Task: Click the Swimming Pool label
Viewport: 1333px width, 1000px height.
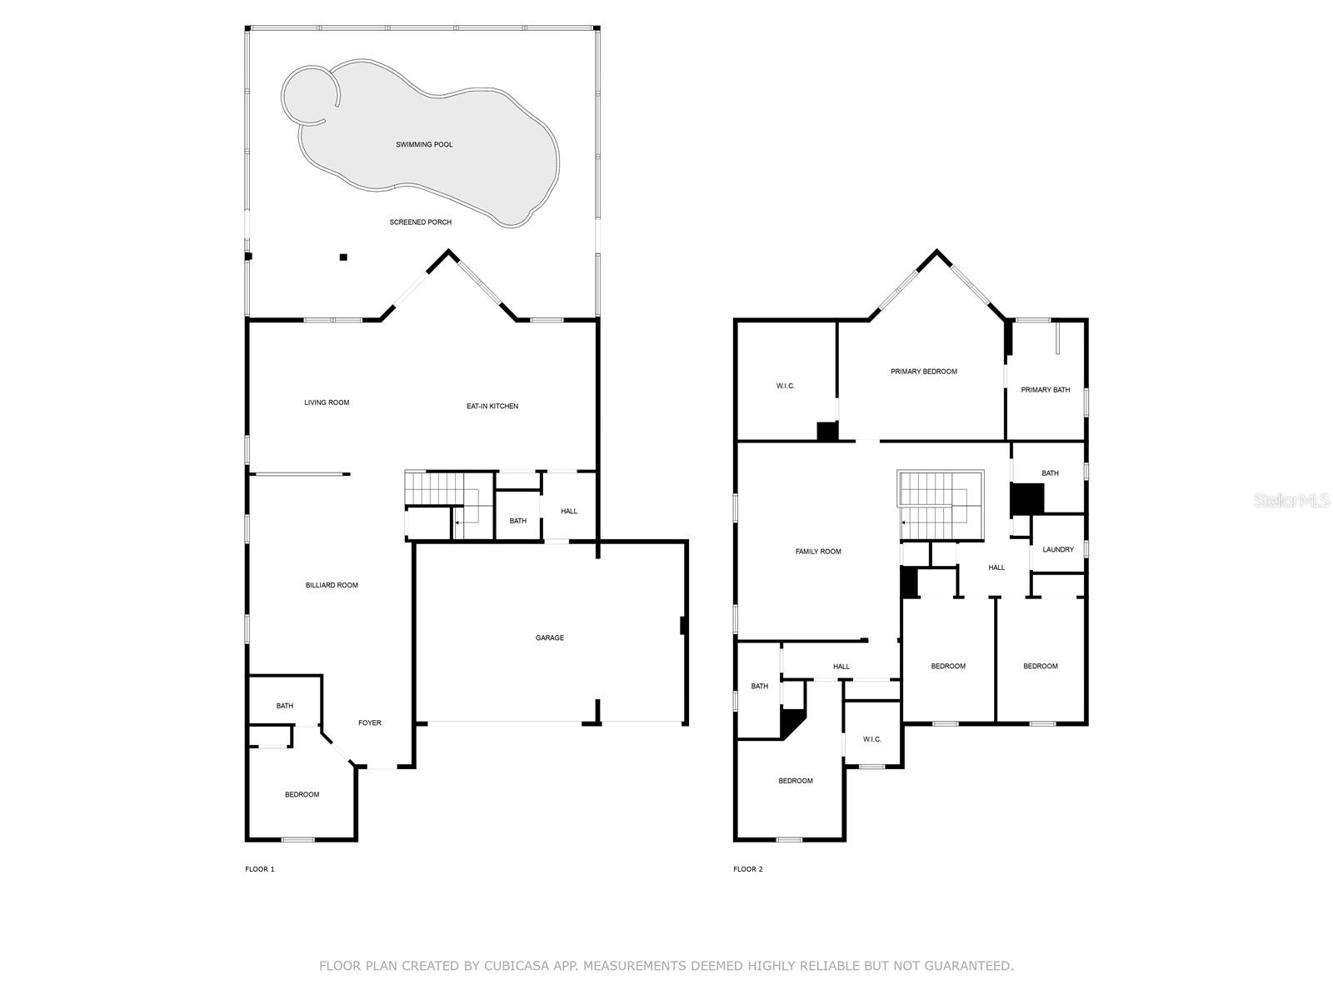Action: pyautogui.click(x=424, y=145)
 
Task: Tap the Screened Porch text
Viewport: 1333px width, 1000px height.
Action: pyautogui.click(x=421, y=222)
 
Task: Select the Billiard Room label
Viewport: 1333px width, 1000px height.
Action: pyautogui.click(x=332, y=585)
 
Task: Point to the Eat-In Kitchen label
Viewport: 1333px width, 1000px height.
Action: pyautogui.click(x=492, y=407)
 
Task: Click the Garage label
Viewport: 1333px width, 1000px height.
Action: pyautogui.click(x=549, y=638)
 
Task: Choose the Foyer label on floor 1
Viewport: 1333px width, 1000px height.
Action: pyautogui.click(x=369, y=723)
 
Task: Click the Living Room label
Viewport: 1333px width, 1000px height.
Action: pyautogui.click(x=327, y=403)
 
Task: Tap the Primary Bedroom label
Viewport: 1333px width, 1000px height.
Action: pyautogui.click(x=923, y=372)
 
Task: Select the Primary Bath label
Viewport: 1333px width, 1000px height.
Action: pyautogui.click(x=1045, y=390)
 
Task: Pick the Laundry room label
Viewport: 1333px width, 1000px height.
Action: pyautogui.click(x=1058, y=550)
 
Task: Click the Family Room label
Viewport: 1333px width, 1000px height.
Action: pyautogui.click(x=818, y=552)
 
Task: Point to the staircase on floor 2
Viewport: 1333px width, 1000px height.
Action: pyautogui.click(x=940, y=504)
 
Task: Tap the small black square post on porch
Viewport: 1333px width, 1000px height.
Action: pyautogui.click(x=343, y=257)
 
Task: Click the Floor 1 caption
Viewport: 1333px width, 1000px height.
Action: pyautogui.click(x=259, y=869)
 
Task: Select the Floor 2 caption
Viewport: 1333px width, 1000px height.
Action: pyautogui.click(x=747, y=869)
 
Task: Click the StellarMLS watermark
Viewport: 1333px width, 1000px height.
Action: pyautogui.click(x=1291, y=501)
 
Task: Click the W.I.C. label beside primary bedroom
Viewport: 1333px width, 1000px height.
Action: pyautogui.click(x=785, y=386)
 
